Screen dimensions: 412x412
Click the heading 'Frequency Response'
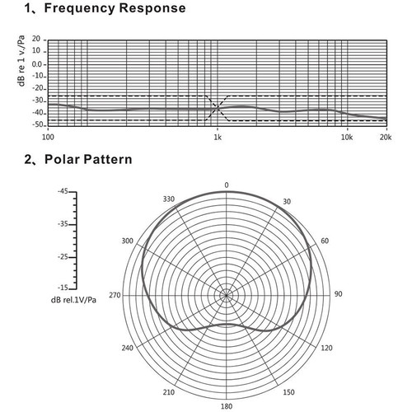point(115,8)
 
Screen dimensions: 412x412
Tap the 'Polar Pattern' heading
point(88,159)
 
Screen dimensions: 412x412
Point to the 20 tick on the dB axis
point(36,39)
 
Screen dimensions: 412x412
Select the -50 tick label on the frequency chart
point(38,124)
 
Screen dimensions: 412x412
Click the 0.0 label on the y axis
point(37,64)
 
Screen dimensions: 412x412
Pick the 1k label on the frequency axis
point(218,137)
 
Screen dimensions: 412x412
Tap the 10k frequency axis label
point(347,137)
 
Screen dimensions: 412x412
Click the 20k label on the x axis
point(386,137)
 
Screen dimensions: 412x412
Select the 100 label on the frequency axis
point(48,137)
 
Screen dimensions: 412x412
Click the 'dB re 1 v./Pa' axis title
point(21,61)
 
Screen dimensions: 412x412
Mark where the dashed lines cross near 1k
point(218,108)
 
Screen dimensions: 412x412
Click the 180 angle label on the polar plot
point(227,406)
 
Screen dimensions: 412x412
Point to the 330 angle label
point(169,199)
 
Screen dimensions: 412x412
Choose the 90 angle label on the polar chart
point(338,294)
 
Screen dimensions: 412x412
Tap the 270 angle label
point(115,295)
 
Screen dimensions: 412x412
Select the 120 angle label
point(326,348)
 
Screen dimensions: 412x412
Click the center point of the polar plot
point(227,296)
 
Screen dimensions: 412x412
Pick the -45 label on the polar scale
point(63,191)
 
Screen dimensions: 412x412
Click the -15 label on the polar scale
point(63,288)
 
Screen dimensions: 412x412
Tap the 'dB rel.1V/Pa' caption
point(73,300)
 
